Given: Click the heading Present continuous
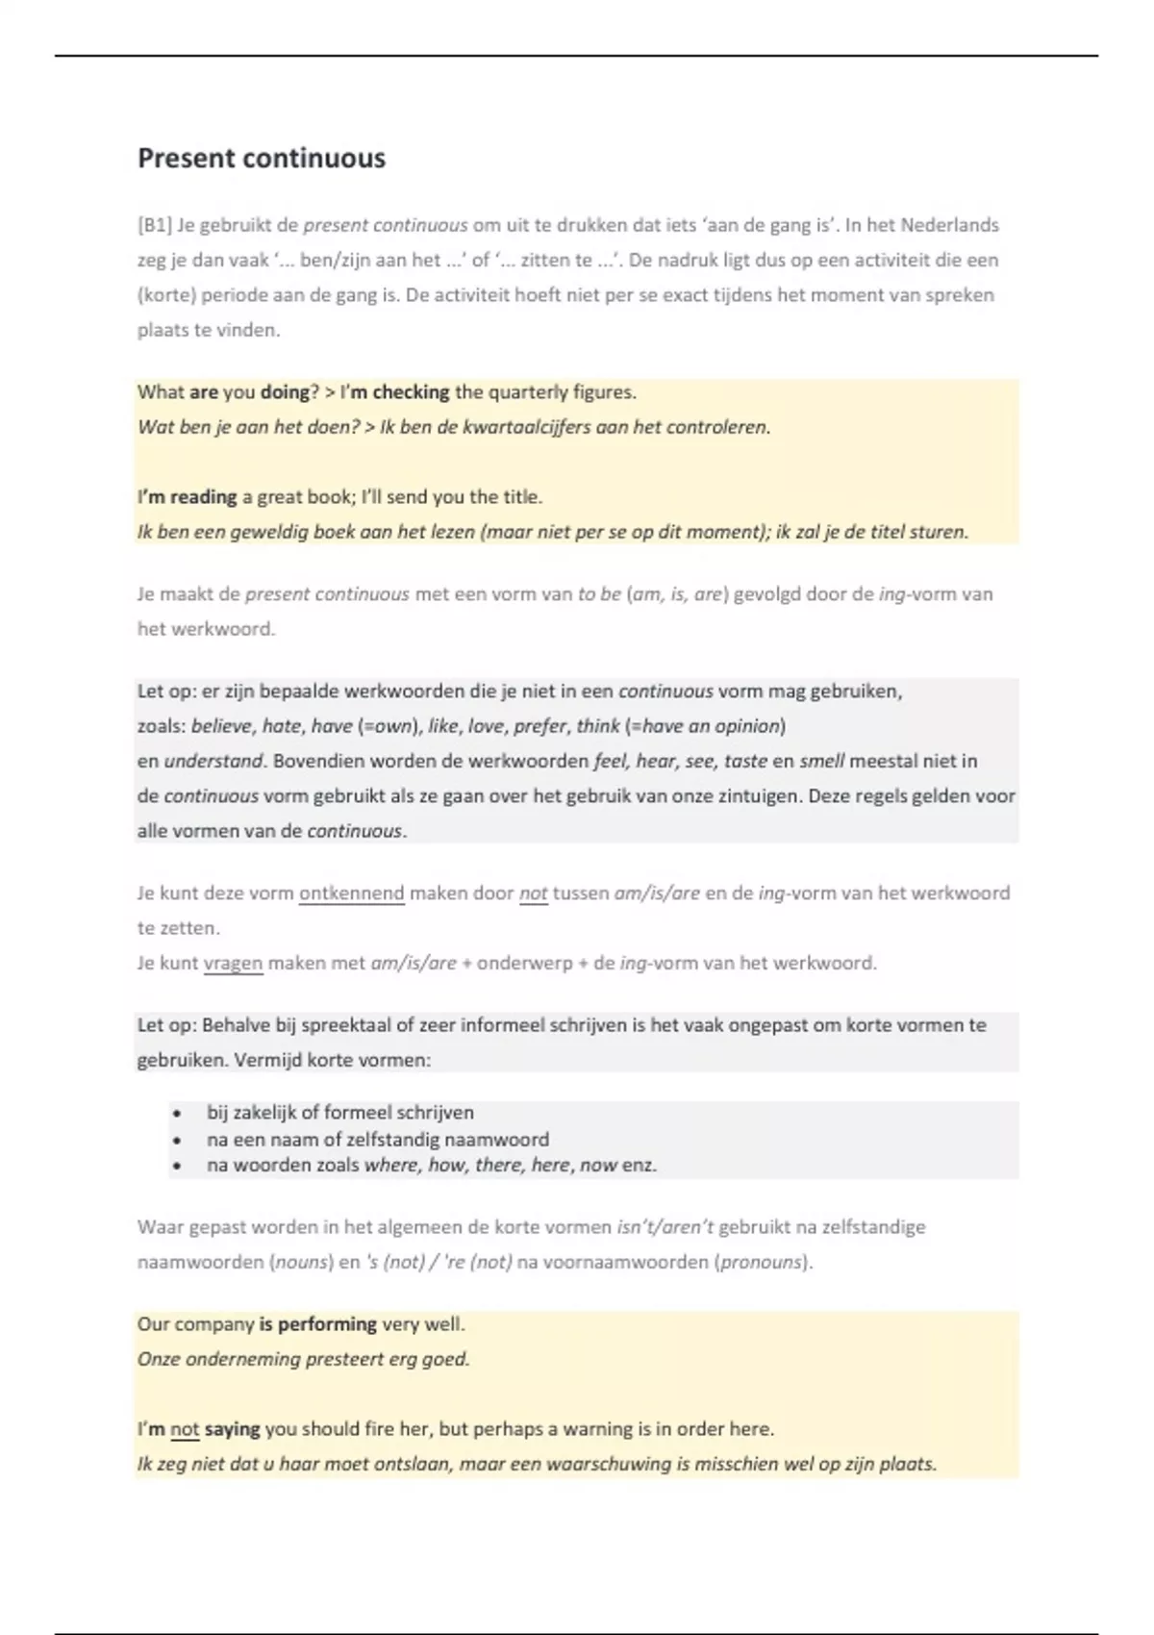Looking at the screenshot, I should point(261,159).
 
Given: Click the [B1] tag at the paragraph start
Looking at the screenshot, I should point(154,226).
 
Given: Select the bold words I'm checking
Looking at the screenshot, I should point(394,392).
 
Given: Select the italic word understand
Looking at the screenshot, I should point(213,761).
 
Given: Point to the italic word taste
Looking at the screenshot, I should point(745,761).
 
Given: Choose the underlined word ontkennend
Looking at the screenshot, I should point(351,893).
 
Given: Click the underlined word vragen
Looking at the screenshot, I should point(233,963).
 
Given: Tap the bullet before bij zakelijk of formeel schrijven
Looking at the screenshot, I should point(177,1113).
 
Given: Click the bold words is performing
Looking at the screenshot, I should point(317,1324).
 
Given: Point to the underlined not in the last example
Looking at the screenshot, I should point(185,1429).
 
